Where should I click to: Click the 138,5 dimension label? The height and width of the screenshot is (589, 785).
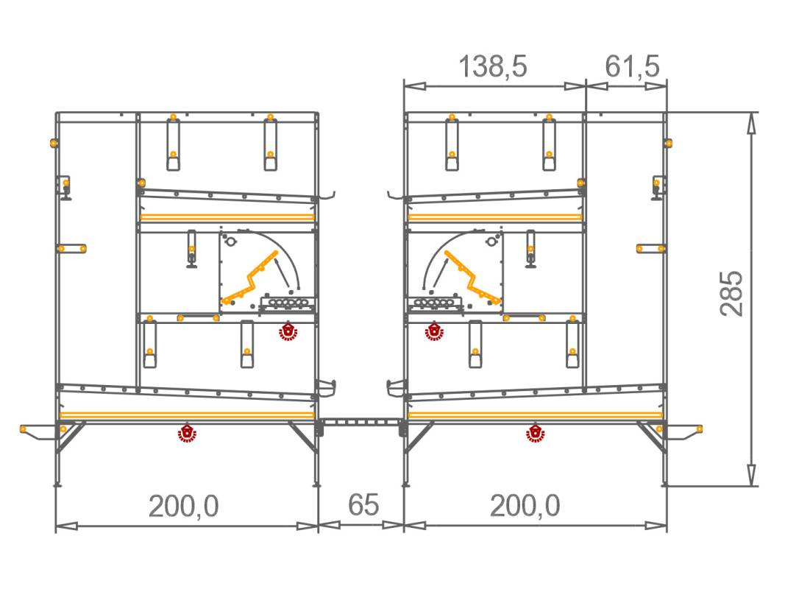[494, 67]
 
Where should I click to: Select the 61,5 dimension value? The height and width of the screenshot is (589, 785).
[632, 67]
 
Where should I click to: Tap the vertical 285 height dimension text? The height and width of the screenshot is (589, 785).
[732, 294]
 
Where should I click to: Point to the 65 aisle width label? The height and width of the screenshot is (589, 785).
[363, 506]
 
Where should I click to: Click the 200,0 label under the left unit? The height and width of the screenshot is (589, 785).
[184, 507]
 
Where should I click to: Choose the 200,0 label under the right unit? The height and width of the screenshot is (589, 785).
[525, 507]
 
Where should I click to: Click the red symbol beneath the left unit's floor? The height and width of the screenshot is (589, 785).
[188, 434]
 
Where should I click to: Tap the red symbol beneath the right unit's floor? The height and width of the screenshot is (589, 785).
[534, 434]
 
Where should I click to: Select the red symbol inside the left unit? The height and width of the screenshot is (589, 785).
[287, 332]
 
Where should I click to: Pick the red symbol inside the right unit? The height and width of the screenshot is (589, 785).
[435, 332]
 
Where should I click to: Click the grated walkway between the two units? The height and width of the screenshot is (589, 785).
[360, 423]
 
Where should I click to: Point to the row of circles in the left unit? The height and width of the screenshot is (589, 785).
[287, 303]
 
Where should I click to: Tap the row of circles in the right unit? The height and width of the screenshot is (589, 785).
[435, 303]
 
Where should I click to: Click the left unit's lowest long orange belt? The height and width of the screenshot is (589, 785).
[187, 416]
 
